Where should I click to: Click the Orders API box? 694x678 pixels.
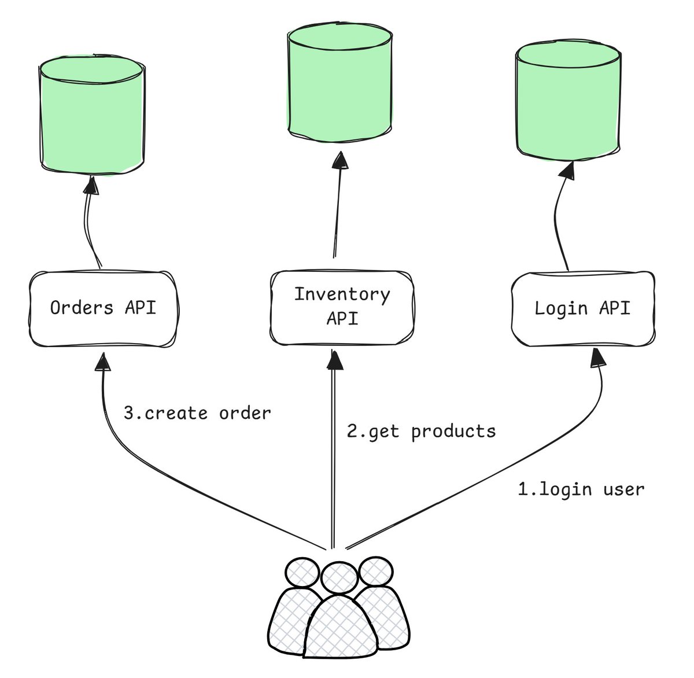[104, 309]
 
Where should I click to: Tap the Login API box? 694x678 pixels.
[583, 309]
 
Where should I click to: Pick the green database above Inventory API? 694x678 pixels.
[340, 83]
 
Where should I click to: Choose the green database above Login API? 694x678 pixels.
[569, 101]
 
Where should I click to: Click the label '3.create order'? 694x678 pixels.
[197, 414]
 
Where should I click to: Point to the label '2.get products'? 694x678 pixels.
[421, 432]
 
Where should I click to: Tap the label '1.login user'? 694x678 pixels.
[581, 489]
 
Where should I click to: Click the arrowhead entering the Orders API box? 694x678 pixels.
[103, 362]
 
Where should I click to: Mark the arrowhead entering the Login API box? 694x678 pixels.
[598, 358]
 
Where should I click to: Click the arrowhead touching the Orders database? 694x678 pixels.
[91, 185]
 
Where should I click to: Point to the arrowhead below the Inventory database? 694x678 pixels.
[340, 160]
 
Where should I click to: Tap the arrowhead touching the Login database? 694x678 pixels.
[567, 171]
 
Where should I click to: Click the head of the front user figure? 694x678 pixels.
[339, 578]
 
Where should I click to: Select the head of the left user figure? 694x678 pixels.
[302, 573]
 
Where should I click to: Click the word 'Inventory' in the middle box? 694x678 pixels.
[342, 295]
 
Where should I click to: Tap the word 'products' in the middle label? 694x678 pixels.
[453, 432]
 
